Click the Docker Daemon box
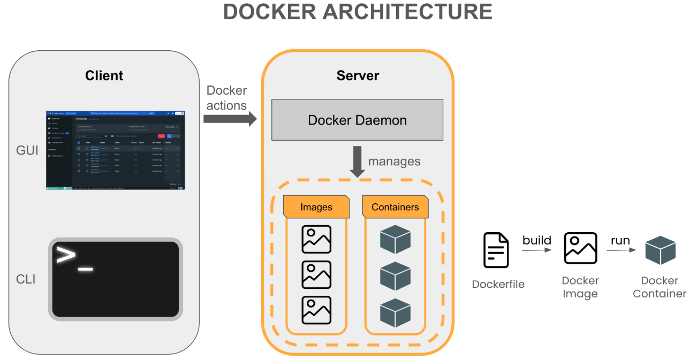[357, 120]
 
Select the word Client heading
[104, 76]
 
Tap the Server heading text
[358, 76]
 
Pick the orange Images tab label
[316, 207]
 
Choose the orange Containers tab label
[395, 207]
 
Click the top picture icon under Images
[316, 239]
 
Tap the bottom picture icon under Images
[316, 310]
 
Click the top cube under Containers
[395, 240]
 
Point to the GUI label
[27, 151]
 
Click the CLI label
[26, 279]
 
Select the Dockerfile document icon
[496, 250]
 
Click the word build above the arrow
[537, 240]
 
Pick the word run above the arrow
[620, 240]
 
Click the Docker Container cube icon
[660, 250]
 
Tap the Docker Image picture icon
[580, 248]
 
